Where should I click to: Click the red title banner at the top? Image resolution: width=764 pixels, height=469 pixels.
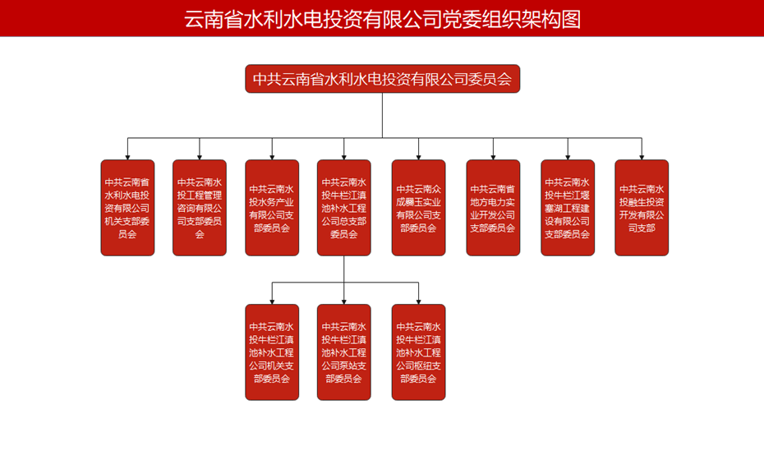(x=382, y=18)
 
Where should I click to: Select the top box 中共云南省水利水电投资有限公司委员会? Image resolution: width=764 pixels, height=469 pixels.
(x=382, y=79)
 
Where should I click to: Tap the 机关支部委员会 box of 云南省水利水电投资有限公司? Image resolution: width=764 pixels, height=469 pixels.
(x=127, y=208)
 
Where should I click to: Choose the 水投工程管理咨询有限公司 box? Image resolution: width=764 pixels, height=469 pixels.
(x=200, y=208)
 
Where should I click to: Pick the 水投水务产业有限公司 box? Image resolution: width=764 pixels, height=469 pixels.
(x=272, y=208)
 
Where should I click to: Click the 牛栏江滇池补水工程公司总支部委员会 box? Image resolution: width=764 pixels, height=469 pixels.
(x=344, y=208)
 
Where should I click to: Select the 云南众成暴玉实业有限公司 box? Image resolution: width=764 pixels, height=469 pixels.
(x=419, y=208)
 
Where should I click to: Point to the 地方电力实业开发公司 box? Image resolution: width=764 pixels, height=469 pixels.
(x=493, y=208)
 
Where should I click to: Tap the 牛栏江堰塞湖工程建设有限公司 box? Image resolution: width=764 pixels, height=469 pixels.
(x=568, y=208)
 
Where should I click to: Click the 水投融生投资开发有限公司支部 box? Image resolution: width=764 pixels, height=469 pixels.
(x=642, y=208)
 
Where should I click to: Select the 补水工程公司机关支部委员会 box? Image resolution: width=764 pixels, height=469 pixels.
(x=272, y=352)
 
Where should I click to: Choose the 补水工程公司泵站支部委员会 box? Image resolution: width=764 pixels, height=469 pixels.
(x=344, y=352)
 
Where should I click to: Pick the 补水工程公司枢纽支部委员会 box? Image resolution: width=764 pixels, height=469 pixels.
(x=419, y=352)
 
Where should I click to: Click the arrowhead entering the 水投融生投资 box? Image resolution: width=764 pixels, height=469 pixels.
(x=642, y=156)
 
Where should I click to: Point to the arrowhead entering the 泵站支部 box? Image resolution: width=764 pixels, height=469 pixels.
(x=344, y=301)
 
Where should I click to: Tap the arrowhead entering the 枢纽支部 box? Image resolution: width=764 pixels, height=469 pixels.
(x=419, y=301)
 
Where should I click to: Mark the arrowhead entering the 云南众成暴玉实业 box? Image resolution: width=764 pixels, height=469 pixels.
(x=419, y=156)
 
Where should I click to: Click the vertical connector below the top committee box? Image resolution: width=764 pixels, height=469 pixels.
(x=382, y=115)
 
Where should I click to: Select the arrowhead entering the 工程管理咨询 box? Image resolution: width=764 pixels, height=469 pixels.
(x=200, y=156)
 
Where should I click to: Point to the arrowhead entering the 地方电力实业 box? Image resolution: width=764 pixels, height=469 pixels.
(x=493, y=156)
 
